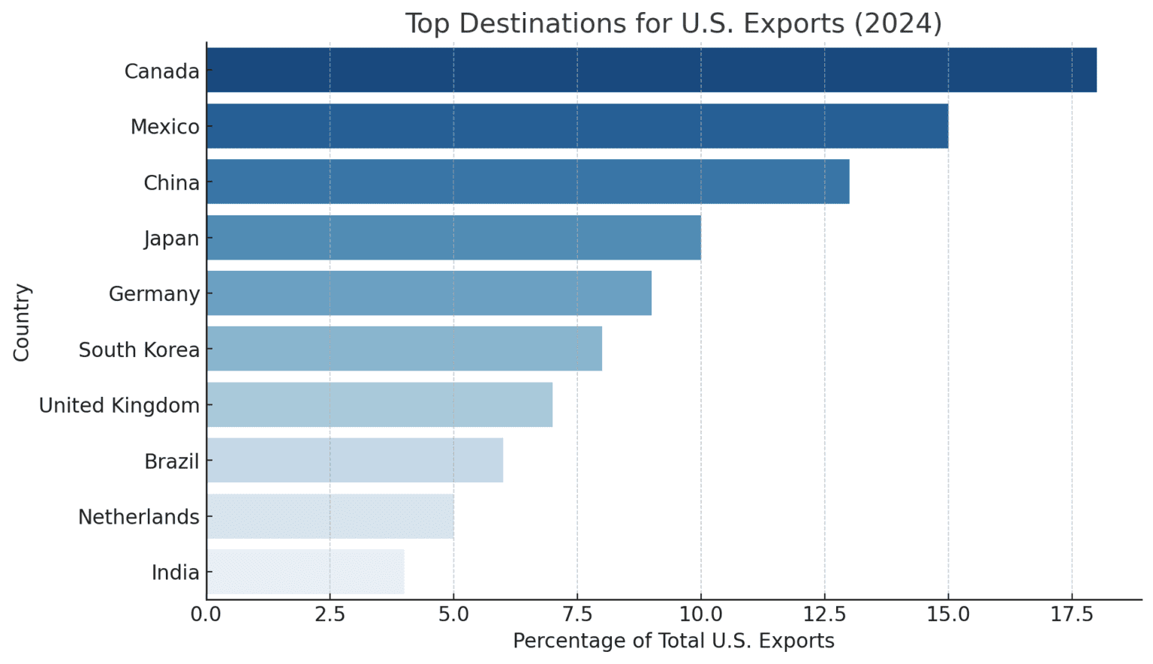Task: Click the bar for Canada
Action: pos(651,71)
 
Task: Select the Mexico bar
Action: pos(576,126)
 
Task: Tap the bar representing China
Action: pos(528,182)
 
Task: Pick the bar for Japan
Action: pos(453,238)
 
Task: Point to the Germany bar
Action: pos(429,293)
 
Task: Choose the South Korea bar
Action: pos(404,349)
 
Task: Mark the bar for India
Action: pos(305,572)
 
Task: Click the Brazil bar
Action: pos(354,461)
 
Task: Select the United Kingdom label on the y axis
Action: pos(119,405)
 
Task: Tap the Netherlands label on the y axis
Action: pos(139,517)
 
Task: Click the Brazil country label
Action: pos(172,461)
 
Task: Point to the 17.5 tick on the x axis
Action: pos(1071,614)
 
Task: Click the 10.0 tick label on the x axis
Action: pos(700,614)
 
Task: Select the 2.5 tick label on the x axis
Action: pos(330,614)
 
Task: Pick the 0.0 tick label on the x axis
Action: pos(206,614)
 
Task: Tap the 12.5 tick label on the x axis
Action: pos(824,614)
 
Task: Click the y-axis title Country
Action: pos(21,323)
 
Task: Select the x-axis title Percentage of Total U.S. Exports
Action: pos(673,641)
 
